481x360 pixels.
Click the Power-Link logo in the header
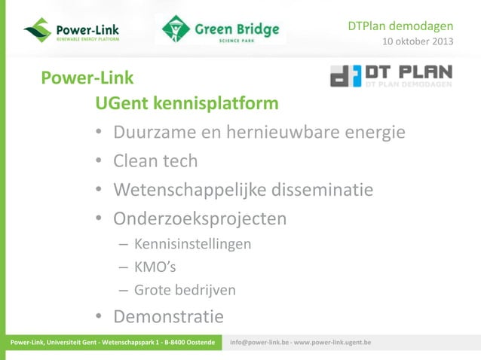[72, 31]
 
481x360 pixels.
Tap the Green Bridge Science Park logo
[220, 30]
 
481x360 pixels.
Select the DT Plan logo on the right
[391, 77]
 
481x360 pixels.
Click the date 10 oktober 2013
[418, 41]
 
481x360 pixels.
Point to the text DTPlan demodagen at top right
[400, 26]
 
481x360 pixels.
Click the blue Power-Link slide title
[87, 78]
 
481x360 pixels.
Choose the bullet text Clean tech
[155, 160]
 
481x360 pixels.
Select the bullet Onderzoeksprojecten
[200, 218]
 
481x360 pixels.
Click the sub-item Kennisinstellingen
[192, 244]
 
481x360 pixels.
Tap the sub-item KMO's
[154, 267]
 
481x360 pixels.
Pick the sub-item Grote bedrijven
[185, 290]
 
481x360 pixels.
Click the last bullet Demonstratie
[168, 316]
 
